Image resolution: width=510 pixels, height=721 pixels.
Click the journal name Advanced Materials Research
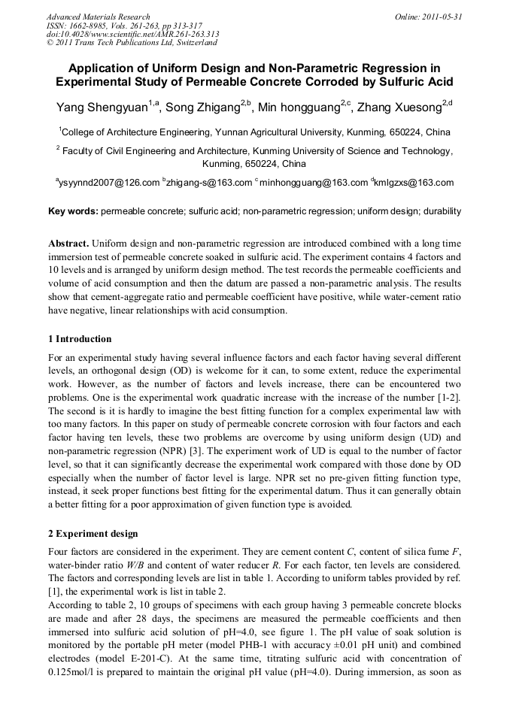coord(98,17)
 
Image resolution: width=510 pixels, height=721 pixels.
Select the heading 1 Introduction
coord(79,339)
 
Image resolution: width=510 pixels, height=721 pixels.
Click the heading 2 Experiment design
coord(93,534)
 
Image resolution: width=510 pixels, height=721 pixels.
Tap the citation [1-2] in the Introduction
coord(448,395)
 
